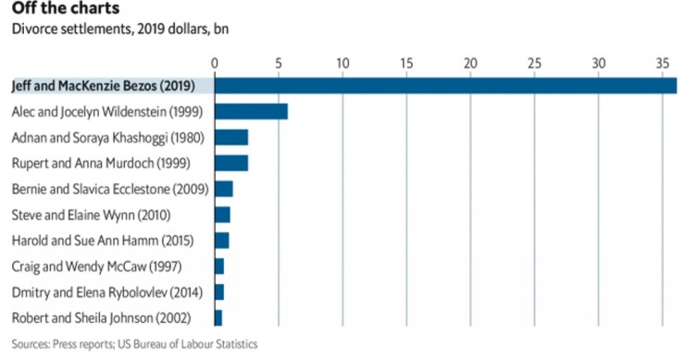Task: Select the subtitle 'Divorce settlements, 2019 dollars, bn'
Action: (x=119, y=30)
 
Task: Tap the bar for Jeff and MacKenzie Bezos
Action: (x=445, y=86)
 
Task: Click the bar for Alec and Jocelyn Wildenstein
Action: (x=251, y=112)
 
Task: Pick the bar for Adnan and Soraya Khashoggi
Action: (x=231, y=138)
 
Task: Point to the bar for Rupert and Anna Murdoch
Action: (x=231, y=164)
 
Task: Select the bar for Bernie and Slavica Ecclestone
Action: (x=223, y=189)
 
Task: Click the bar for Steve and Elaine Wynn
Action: (x=222, y=215)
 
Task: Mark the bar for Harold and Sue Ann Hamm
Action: (x=221, y=241)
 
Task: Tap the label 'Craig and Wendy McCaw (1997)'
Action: (x=101, y=267)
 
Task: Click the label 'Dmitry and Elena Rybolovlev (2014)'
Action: (x=110, y=292)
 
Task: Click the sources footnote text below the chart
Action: (x=133, y=344)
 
